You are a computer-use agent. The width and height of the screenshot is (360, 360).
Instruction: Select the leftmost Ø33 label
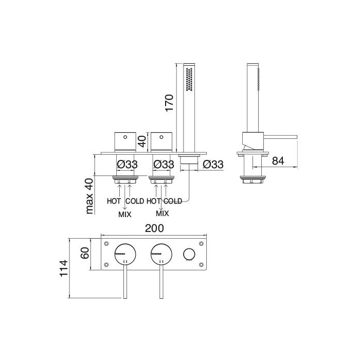coord(127,165)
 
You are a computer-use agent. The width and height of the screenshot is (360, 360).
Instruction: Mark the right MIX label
coord(162,212)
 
